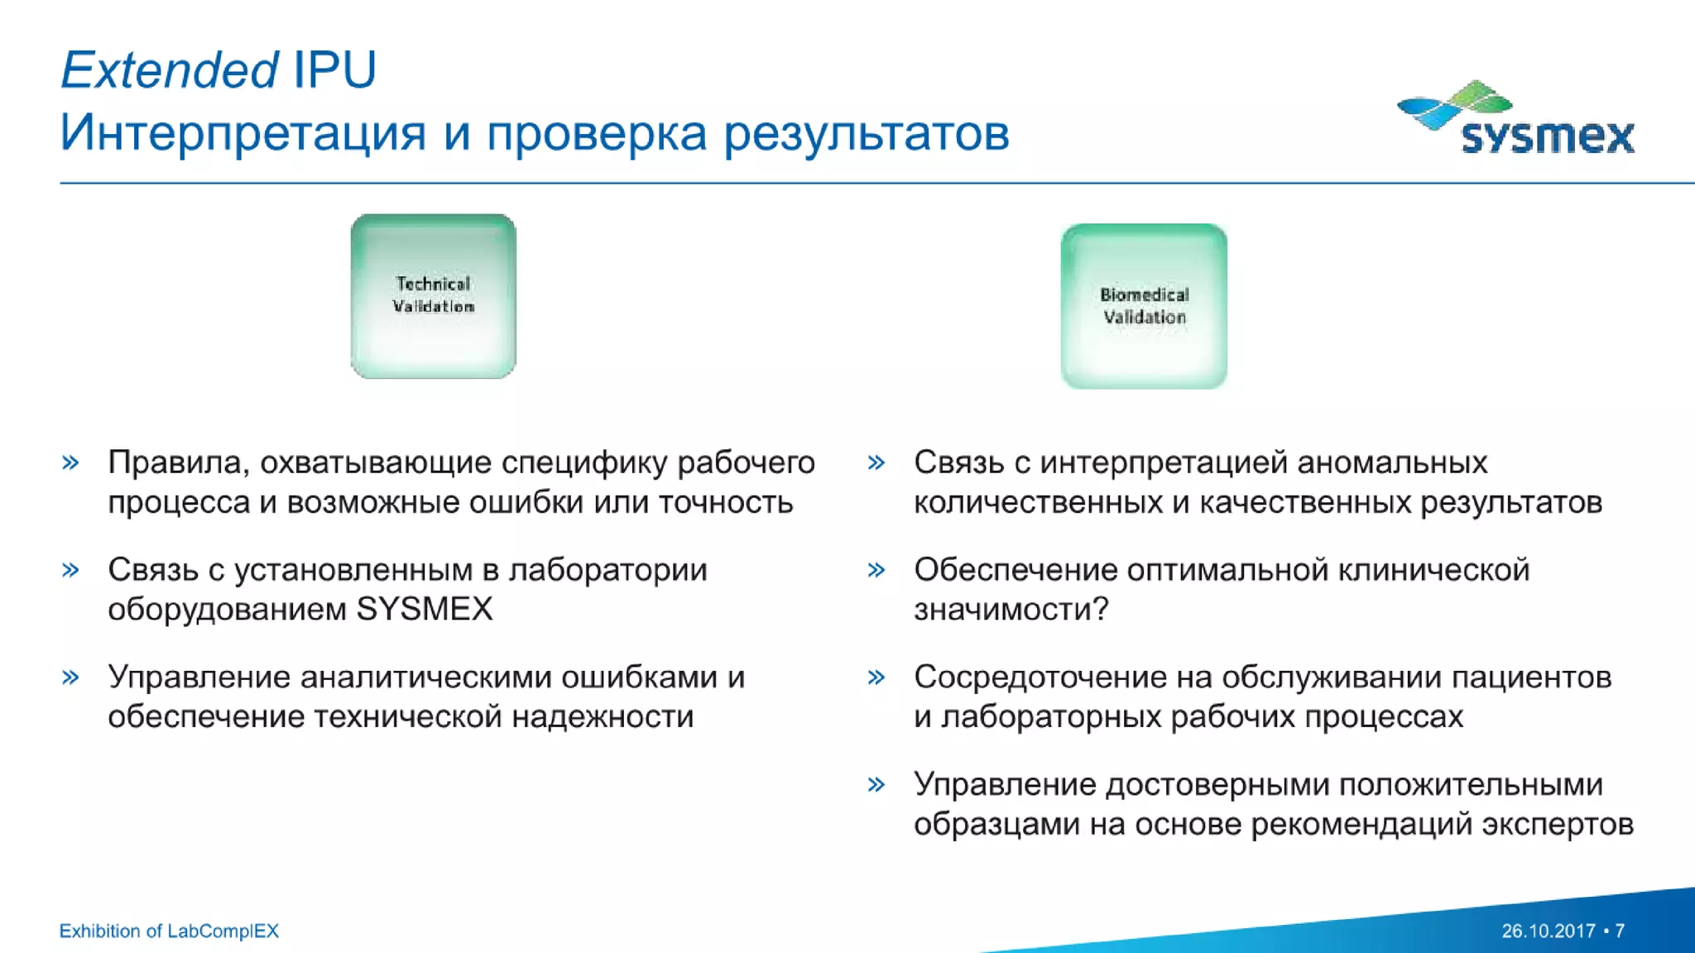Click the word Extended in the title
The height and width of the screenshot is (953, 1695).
tap(169, 69)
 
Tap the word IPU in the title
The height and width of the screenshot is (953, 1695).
tap(334, 69)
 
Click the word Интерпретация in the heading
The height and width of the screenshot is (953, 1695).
tap(242, 134)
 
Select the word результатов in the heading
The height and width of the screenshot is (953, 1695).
tap(867, 134)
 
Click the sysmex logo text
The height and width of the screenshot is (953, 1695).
tap(1547, 136)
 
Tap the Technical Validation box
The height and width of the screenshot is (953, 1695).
tap(433, 296)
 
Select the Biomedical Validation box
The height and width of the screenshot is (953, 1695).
tap(1144, 306)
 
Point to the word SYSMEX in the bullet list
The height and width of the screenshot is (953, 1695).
tap(424, 610)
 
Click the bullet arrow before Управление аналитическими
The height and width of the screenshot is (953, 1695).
tap(71, 678)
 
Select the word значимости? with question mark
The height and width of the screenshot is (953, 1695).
tap(1011, 610)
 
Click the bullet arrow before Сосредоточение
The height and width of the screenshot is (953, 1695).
tap(876, 678)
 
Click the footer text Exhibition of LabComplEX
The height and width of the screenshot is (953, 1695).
tap(169, 931)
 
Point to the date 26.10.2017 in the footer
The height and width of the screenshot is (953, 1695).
tap(1548, 931)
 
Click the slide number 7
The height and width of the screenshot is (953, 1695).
tap(1620, 931)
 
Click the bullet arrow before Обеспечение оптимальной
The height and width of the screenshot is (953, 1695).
tap(876, 570)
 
